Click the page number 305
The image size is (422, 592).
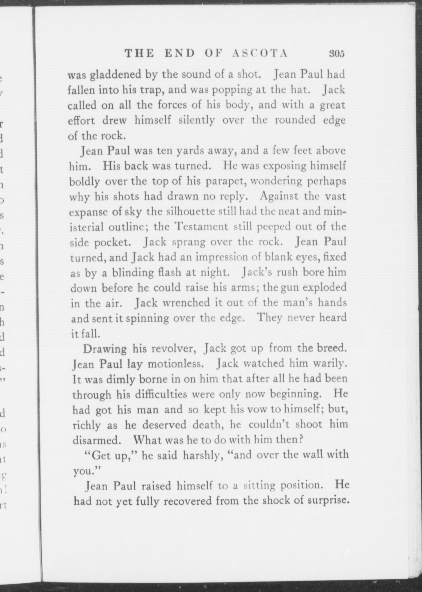(337, 54)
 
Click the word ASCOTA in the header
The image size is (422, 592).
(260, 54)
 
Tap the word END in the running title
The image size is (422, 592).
(180, 54)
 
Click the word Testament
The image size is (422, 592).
(201, 227)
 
